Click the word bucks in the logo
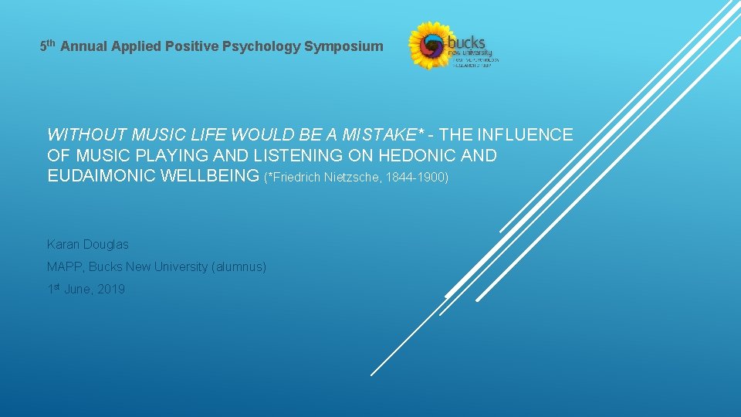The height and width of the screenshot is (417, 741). coord(469,42)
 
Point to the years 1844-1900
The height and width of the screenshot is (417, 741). coord(416,178)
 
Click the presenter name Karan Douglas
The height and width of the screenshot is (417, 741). coord(88,244)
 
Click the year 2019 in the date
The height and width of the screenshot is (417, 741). coord(111,290)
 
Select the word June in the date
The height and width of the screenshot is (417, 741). coord(78,290)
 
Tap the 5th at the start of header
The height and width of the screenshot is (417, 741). coord(47,46)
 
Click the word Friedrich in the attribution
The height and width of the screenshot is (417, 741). coord(293,178)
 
